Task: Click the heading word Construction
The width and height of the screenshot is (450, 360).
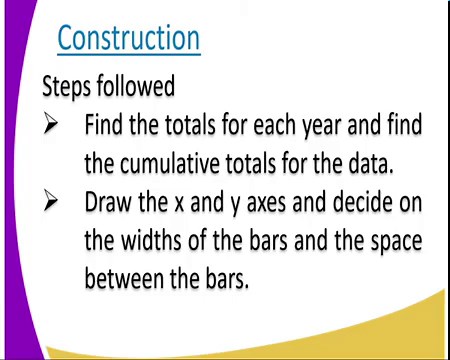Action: click(128, 38)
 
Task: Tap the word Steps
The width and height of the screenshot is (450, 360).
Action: click(66, 87)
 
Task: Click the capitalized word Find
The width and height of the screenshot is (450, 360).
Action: click(104, 126)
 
